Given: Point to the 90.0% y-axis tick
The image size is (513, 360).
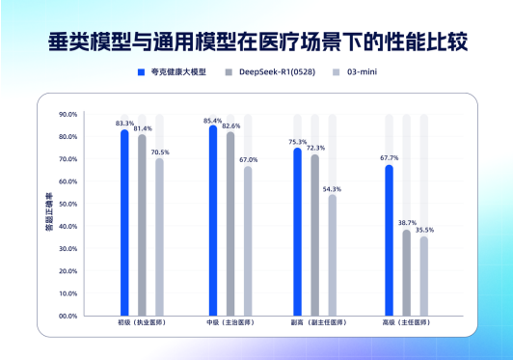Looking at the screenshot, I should pyautogui.click(x=67, y=114).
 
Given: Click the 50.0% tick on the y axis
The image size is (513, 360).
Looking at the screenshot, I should pyautogui.click(x=67, y=204).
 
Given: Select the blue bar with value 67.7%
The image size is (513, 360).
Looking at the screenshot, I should pyautogui.click(x=390, y=241).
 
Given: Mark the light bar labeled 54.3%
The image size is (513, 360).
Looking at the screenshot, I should pyautogui.click(x=333, y=256).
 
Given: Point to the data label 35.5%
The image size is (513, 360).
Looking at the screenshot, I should pyautogui.click(x=424, y=231).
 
